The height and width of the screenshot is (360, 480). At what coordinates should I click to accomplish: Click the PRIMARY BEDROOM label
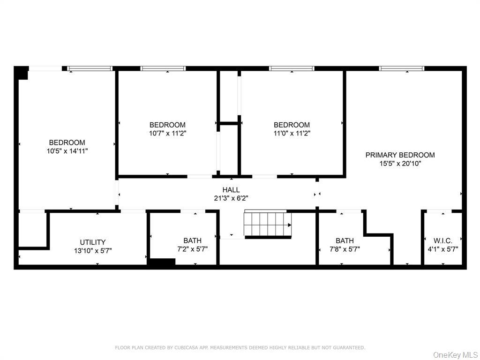coord(400,155)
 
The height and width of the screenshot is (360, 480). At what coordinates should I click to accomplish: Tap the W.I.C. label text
coord(442,241)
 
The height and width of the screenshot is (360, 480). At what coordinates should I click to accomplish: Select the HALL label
coord(231,190)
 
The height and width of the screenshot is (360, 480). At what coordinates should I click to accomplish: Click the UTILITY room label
coord(92,242)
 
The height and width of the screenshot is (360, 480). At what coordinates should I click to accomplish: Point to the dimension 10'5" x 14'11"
coord(67,151)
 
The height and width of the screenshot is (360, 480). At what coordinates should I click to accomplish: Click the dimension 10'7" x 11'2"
coord(167,133)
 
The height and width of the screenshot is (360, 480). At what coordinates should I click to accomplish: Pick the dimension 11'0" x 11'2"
coord(292,133)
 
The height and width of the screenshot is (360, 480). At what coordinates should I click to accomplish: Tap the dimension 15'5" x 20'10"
coord(400,164)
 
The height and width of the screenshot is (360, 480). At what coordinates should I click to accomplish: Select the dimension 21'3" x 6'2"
coord(231,198)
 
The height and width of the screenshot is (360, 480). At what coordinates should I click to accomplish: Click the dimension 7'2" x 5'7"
coord(192,249)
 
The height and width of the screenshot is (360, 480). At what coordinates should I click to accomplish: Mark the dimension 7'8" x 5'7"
coord(345,249)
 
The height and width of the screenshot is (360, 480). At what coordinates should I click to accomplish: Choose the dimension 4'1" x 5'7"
coord(442,249)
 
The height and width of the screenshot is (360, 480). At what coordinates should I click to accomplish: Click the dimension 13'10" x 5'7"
coord(92,250)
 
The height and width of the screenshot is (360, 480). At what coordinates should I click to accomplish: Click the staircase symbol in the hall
coord(268,225)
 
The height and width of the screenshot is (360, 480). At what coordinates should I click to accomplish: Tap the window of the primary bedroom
coord(402,68)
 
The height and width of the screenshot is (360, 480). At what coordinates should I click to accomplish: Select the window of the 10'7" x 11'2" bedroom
coord(163,68)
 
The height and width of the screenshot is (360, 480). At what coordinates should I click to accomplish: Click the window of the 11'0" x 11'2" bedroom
coord(291,68)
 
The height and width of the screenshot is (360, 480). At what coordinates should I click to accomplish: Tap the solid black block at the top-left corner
coord(22,73)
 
